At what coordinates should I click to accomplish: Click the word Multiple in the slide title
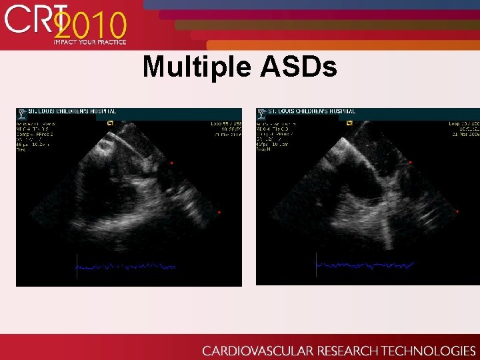click(x=193, y=67)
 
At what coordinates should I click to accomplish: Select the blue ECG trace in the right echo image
click(x=364, y=265)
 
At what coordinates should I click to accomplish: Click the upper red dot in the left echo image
click(x=171, y=163)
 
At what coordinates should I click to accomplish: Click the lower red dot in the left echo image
click(x=219, y=212)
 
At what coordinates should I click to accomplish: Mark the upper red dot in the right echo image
click(x=410, y=162)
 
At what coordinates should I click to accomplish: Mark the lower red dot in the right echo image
click(x=457, y=211)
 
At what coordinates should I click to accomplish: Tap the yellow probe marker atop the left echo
click(x=111, y=123)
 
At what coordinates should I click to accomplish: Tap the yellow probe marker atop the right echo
click(x=350, y=123)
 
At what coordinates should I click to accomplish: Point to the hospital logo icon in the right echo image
click(x=262, y=112)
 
